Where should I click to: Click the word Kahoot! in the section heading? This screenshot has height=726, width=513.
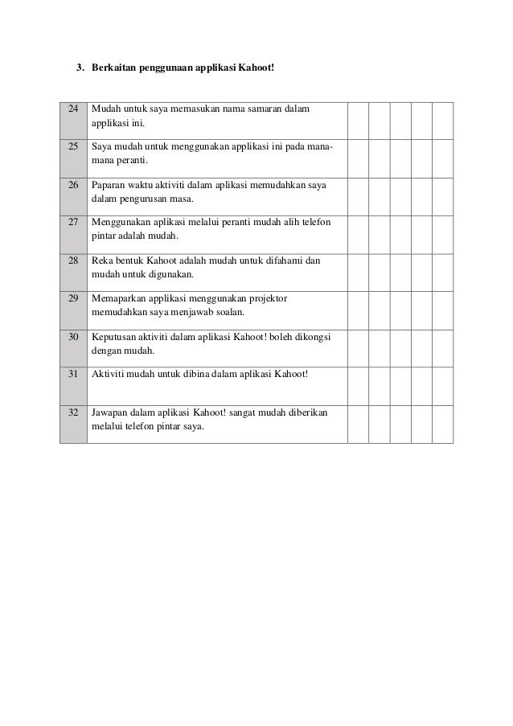point(254,67)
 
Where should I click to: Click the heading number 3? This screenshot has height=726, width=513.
point(80,67)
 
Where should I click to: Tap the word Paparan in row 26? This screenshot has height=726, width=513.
point(109,185)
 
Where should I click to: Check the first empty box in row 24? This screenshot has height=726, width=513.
point(358,120)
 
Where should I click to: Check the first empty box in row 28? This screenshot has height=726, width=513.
point(358,272)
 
